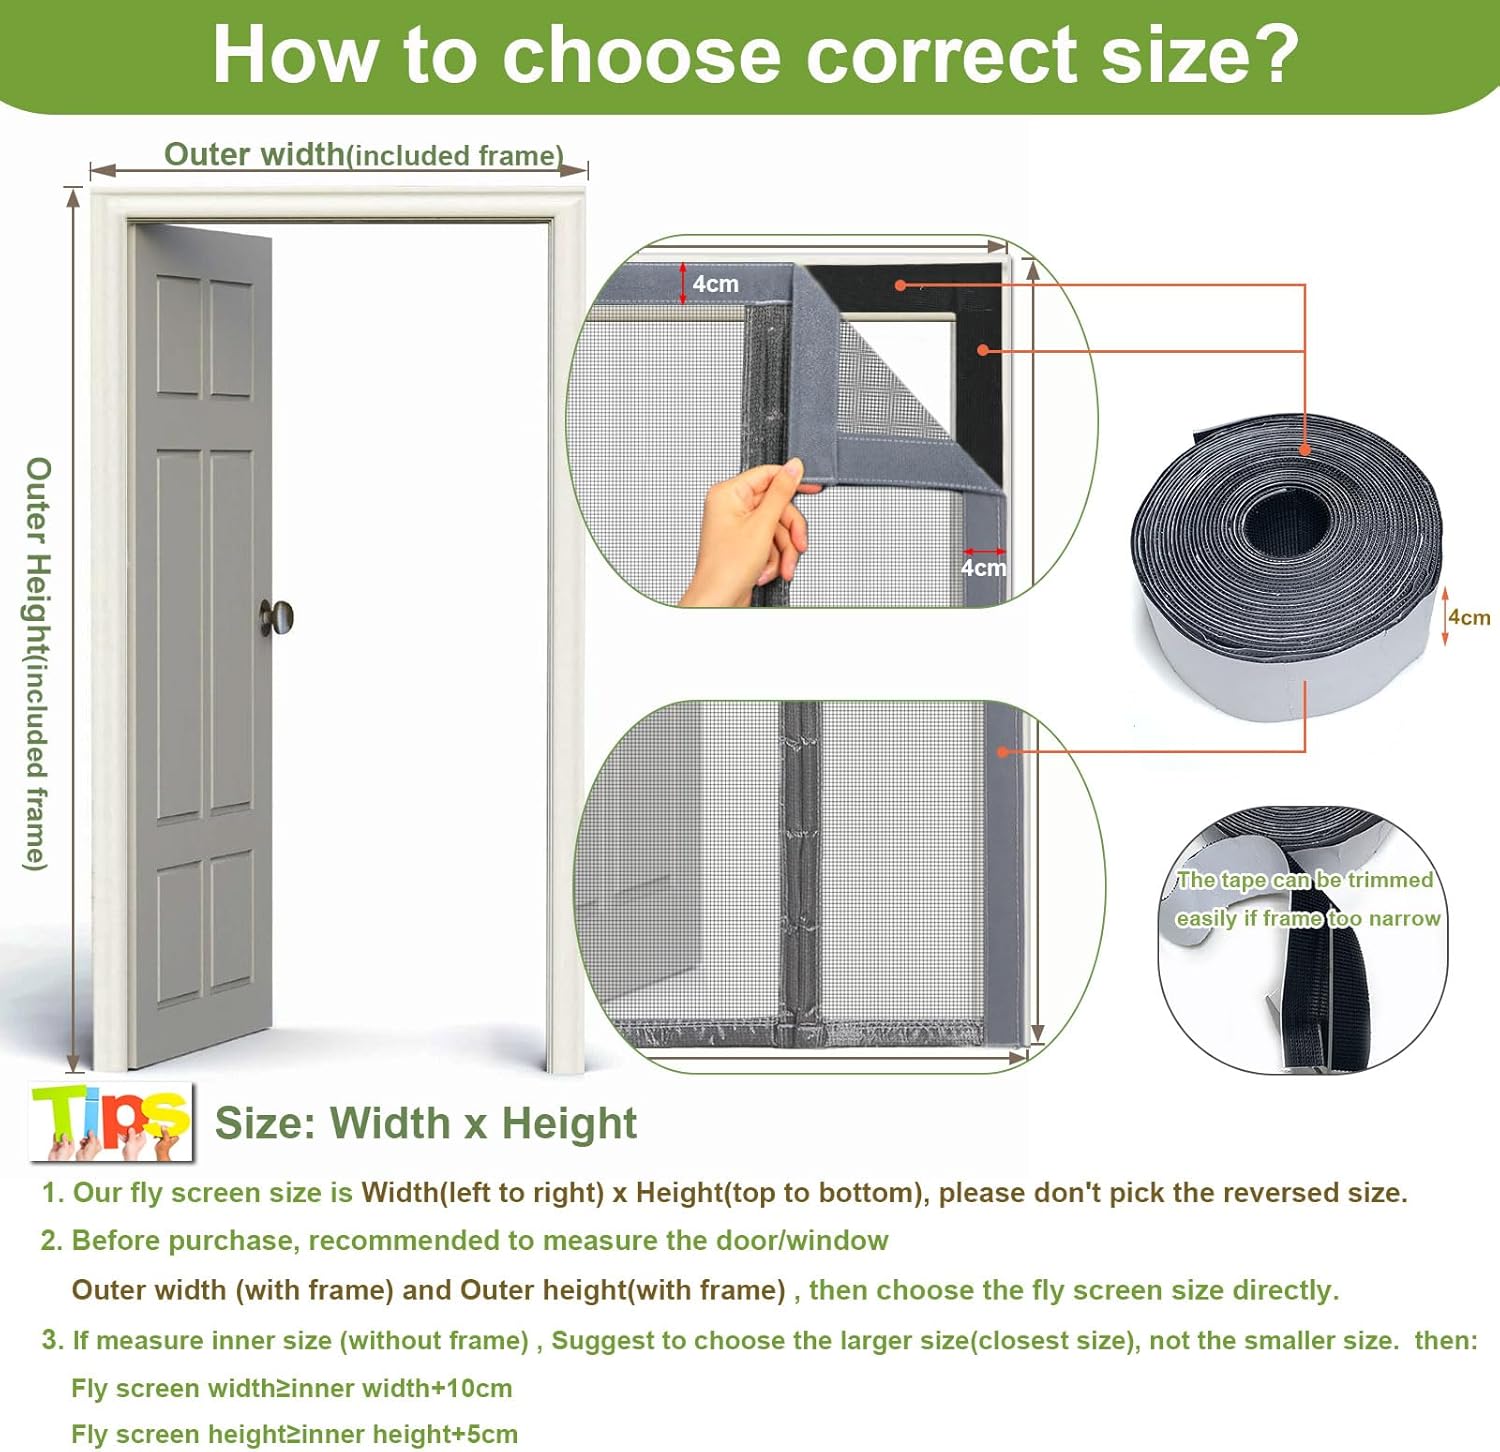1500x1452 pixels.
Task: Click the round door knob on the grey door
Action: click(278, 617)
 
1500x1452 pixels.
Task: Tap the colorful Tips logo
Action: click(112, 1122)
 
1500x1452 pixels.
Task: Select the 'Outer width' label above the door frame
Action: click(254, 154)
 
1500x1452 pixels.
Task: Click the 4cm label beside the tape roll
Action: click(1469, 617)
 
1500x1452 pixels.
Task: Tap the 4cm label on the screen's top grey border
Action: click(715, 284)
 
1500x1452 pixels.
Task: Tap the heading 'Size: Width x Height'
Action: click(426, 1123)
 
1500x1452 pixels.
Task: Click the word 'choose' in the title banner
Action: click(641, 55)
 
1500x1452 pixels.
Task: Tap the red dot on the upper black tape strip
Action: click(900, 285)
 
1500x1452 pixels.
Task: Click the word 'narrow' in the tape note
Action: click(1404, 918)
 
